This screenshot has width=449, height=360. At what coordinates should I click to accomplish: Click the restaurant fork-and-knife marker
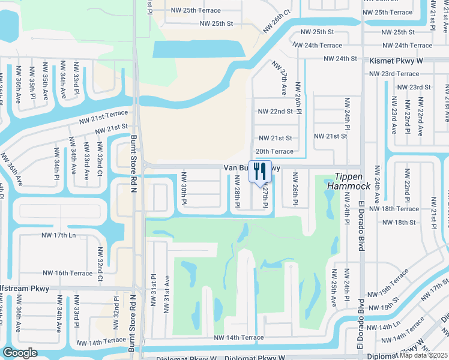click(260, 171)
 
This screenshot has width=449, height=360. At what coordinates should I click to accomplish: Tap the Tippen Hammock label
click(348, 181)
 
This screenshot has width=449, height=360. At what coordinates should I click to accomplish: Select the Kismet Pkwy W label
click(396, 61)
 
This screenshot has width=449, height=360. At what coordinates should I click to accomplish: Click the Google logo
click(20, 353)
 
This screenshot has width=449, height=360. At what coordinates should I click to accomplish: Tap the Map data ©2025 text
click(424, 355)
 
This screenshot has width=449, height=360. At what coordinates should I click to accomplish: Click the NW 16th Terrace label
click(67, 273)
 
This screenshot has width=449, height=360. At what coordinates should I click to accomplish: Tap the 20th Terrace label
click(274, 152)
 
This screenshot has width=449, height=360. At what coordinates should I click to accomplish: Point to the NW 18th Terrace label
click(394, 209)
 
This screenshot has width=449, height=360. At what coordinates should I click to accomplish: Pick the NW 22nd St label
click(275, 112)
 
